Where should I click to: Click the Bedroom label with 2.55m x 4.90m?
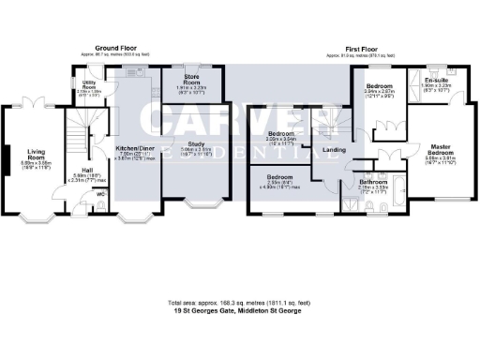(x=280, y=177)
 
